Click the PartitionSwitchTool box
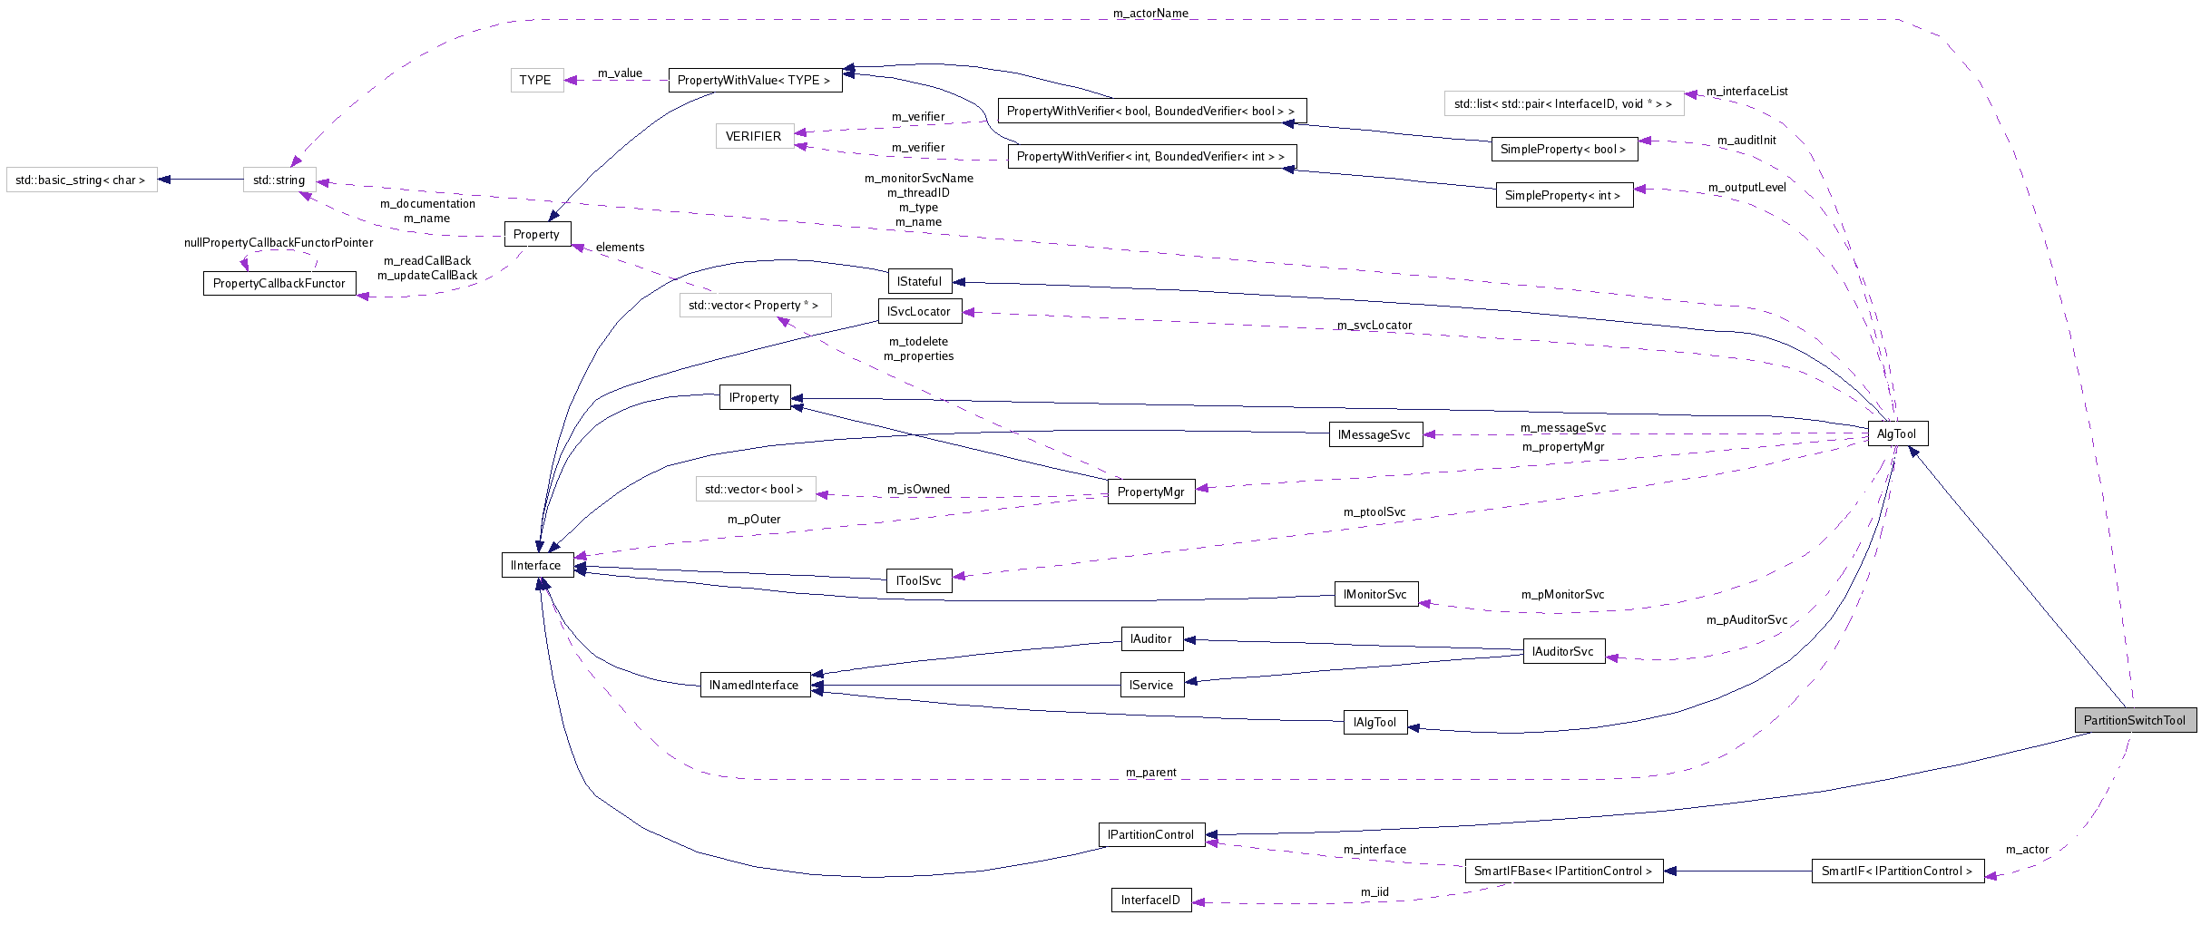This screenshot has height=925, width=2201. (x=2135, y=720)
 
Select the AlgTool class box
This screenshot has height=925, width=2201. (x=1897, y=433)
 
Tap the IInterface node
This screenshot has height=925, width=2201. (x=536, y=565)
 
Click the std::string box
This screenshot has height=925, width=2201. (x=279, y=180)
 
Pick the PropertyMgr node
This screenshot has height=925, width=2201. (x=1150, y=492)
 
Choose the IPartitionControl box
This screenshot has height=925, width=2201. (x=1150, y=834)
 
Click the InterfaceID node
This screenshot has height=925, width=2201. (x=1150, y=900)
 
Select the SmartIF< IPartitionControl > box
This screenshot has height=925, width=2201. (x=1897, y=871)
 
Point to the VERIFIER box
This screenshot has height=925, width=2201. (x=754, y=136)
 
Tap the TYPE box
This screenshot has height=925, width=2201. (x=535, y=80)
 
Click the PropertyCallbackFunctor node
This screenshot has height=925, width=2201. (x=279, y=283)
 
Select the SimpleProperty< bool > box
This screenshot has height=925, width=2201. (x=1563, y=149)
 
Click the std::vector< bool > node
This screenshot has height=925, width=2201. (x=754, y=489)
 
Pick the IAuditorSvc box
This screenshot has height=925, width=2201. (x=1563, y=651)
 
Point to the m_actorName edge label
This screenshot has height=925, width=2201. (x=1150, y=14)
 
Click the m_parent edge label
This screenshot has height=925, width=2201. (x=1150, y=773)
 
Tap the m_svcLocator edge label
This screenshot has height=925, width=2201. (x=1374, y=326)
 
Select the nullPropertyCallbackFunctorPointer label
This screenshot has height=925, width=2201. (x=279, y=242)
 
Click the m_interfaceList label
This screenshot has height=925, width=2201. (x=1746, y=92)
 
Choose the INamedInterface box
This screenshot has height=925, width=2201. (x=754, y=685)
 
